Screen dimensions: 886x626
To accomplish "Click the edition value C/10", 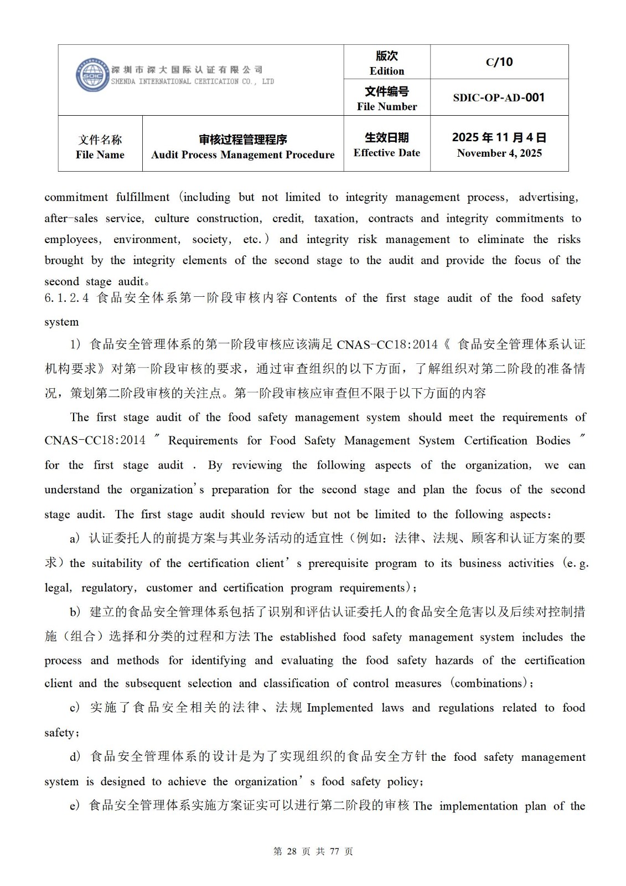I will click(499, 62).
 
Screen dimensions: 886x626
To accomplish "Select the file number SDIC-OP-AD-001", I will click(499, 97).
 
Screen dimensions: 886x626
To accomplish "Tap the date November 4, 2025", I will click(499, 153).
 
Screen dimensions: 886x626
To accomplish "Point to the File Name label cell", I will click(100, 147).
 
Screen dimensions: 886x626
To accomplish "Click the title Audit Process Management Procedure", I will click(243, 154).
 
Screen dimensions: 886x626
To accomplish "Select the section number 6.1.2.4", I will click(66, 298).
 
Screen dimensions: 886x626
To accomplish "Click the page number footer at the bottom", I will click(313, 851).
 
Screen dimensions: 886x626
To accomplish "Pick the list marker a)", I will click(75, 538).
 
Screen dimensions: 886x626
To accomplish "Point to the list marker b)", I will click(75, 612).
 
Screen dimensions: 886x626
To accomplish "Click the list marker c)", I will click(75, 708).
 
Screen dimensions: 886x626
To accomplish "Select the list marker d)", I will click(75, 757).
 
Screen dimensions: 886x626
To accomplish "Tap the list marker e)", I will click(75, 806).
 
